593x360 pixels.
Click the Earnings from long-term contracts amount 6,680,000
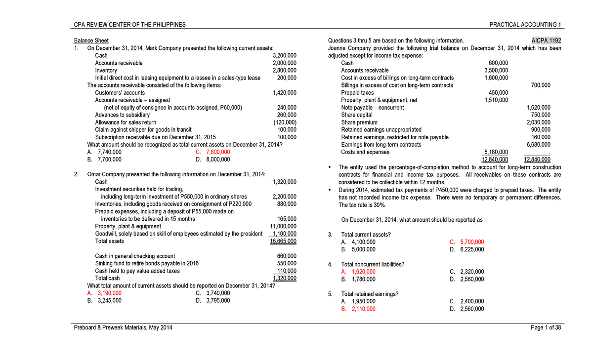538,144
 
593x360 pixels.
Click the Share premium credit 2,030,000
538,122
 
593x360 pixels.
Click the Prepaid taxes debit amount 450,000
498,92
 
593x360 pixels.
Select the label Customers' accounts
120,93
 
